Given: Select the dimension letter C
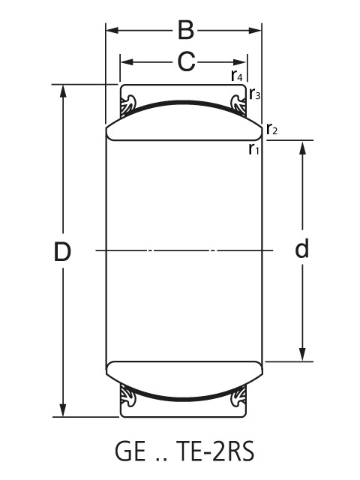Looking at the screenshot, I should click(x=186, y=61).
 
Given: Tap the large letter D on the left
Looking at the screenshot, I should click(x=62, y=252).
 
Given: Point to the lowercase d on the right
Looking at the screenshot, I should click(x=301, y=249).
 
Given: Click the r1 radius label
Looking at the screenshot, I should click(x=253, y=148).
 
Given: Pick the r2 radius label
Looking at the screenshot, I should click(x=271, y=130).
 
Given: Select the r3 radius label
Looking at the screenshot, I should click(x=255, y=95).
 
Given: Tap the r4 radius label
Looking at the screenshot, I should click(x=236, y=76).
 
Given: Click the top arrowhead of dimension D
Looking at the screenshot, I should click(x=63, y=91).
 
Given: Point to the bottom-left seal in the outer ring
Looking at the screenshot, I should click(x=130, y=398).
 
